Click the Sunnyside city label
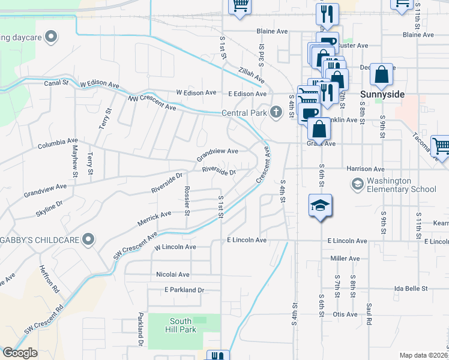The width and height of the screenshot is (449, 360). point(383,95)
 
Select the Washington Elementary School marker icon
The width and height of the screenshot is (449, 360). point(358,184)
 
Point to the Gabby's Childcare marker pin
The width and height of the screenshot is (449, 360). point(88,240)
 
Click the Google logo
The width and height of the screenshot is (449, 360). point(20,352)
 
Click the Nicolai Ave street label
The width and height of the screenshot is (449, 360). point(172,274)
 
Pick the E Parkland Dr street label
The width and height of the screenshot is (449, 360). point(184,290)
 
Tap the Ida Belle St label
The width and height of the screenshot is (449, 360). point(411,289)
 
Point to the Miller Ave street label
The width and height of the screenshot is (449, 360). point(345,259)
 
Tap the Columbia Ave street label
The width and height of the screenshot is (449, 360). point(58,145)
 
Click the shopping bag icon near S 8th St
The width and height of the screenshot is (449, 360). point(381,75)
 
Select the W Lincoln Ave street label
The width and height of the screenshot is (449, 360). point(175,247)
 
